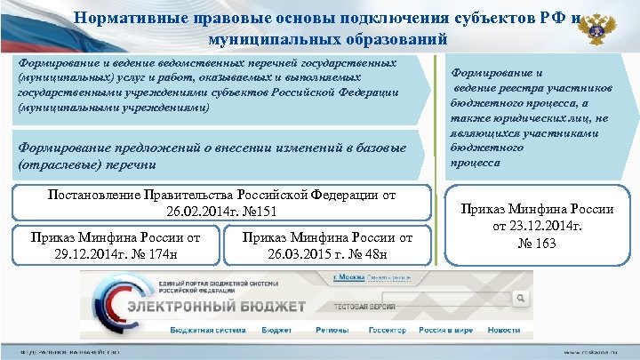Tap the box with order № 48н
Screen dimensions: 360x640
coord(327,246)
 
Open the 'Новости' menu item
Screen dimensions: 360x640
coord(504,329)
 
